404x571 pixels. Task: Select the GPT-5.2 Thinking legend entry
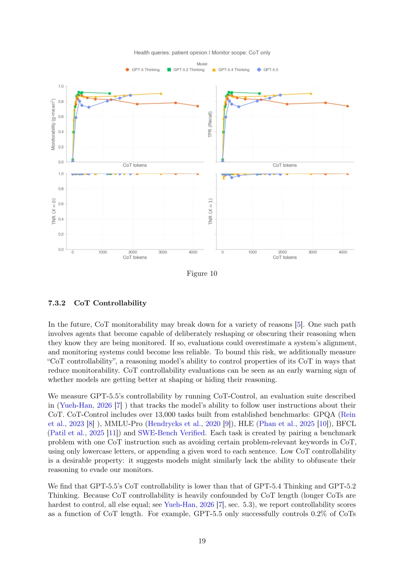coord(186,70)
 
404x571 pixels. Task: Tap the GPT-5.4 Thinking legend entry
coord(231,70)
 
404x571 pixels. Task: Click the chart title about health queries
coord(202,53)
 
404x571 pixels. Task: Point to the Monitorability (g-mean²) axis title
coord(53,125)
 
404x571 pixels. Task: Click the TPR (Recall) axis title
coord(210,125)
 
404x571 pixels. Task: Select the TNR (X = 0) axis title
coord(53,212)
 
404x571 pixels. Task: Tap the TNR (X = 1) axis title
coord(210,212)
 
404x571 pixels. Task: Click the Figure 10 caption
coord(202,273)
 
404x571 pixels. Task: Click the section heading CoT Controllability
coord(110,303)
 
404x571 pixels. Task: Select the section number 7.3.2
coord(57,303)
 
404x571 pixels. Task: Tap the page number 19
coord(202,541)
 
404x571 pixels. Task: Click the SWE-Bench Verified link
coord(171,433)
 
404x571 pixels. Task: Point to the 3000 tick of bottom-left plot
coord(163,252)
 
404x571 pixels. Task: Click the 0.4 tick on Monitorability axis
coord(61,132)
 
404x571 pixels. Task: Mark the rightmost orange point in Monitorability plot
coord(198,106)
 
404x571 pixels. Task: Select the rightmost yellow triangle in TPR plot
coord(311,93)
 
